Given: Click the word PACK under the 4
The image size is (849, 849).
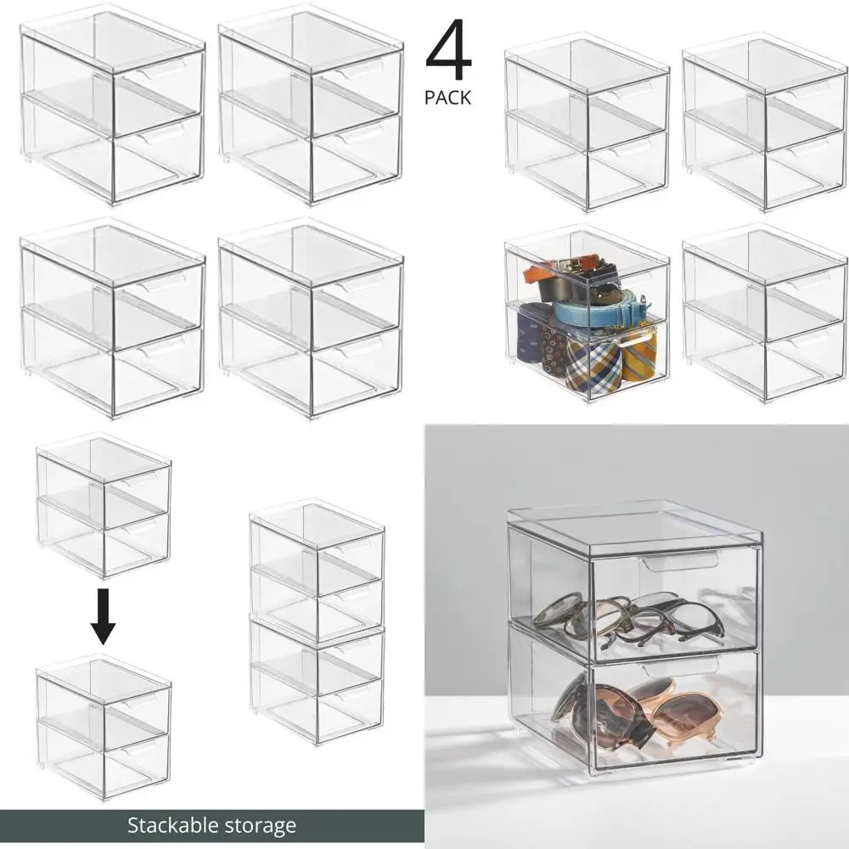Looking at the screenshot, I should [447, 98].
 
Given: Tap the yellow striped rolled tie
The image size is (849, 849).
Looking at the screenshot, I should [638, 353].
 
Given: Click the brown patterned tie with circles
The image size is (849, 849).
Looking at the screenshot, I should [554, 348].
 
